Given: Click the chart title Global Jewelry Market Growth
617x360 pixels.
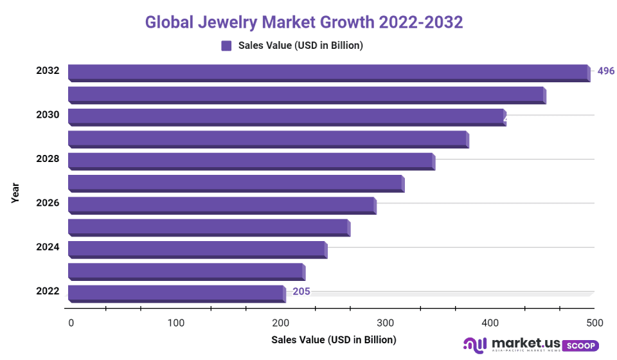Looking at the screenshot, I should pyautogui.click(x=303, y=22).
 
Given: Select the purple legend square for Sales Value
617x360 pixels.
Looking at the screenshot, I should pyautogui.click(x=226, y=45).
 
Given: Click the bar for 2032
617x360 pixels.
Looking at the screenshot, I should pyautogui.click(x=328, y=72).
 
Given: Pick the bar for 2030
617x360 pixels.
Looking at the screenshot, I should pyautogui.click(x=286, y=116).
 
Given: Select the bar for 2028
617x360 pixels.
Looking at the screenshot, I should pyautogui.click(x=251, y=160).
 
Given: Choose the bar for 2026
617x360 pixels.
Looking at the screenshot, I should pyautogui.click(x=221, y=204).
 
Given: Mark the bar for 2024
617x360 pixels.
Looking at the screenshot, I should pyautogui.click(x=197, y=249).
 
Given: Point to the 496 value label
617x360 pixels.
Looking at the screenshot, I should pyautogui.click(x=605, y=71).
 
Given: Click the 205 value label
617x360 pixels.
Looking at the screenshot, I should pyautogui.click(x=301, y=292).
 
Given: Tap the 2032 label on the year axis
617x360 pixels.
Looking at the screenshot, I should pyautogui.click(x=48, y=71).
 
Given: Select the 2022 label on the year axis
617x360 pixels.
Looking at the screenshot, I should pyautogui.click(x=48, y=291).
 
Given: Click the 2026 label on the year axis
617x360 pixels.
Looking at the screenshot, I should pyautogui.click(x=48, y=203).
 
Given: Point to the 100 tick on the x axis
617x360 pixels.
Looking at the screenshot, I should pyautogui.click(x=176, y=322).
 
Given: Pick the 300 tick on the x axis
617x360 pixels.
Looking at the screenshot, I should pyautogui.click(x=386, y=322).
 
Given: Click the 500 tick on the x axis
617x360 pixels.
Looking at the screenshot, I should pyautogui.click(x=595, y=322).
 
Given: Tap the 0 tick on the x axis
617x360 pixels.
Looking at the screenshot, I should pyautogui.click(x=71, y=322).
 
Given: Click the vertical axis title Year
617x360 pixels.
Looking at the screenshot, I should pyautogui.click(x=15, y=193).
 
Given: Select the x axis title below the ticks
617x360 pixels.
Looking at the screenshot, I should pyautogui.click(x=334, y=339).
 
